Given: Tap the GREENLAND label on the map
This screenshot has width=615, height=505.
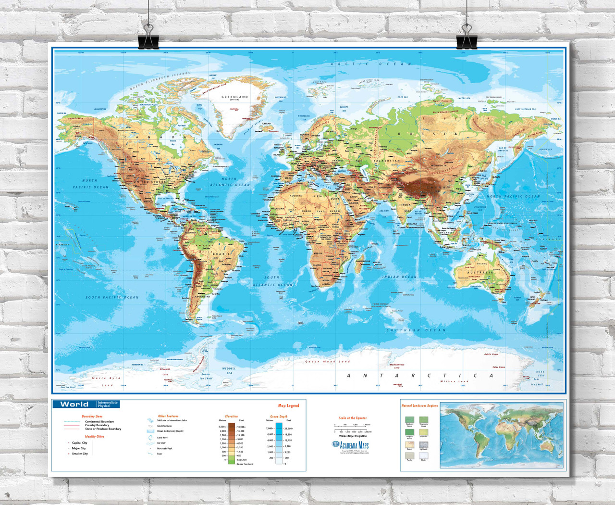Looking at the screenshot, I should (234, 97).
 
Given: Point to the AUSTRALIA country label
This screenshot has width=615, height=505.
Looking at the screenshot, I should (480, 273).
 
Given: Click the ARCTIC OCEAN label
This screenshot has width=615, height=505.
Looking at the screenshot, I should (370, 64).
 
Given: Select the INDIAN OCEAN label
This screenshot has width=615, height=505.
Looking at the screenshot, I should (399, 277).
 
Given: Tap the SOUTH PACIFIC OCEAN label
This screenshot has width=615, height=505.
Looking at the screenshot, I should (112, 297).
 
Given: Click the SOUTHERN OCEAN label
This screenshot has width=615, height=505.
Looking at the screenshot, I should (416, 330).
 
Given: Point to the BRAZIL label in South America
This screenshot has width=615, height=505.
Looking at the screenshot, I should (222, 253).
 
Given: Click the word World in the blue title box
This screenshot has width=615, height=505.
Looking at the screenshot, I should (74, 404).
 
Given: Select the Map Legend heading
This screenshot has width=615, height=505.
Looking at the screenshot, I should (288, 406).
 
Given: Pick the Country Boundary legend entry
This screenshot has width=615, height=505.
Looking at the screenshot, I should (97, 425).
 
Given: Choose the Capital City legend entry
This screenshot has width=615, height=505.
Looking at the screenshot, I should (79, 443).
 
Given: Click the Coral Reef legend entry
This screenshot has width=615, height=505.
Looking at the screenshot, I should (162, 438).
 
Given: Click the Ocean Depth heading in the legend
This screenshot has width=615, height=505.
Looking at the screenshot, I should (279, 417).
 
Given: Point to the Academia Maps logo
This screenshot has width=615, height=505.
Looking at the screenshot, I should (351, 445).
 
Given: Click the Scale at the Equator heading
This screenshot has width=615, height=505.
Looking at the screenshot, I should (353, 418).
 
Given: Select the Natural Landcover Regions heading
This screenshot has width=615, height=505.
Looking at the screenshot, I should (419, 406).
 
